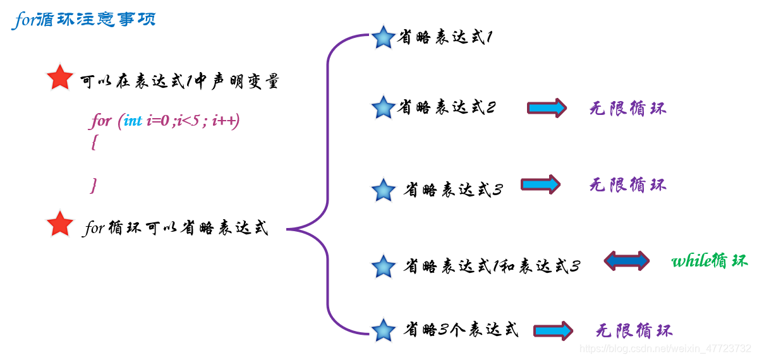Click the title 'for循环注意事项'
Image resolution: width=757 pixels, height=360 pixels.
[x=83, y=20]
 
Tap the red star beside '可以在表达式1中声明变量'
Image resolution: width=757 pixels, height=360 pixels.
[x=60, y=78]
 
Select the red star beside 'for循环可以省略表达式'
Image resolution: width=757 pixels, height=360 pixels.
[x=60, y=224]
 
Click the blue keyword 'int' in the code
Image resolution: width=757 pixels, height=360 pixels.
[x=133, y=121]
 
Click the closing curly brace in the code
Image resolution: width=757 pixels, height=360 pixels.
[x=94, y=185]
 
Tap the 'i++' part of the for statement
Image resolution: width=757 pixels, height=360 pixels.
[x=226, y=121]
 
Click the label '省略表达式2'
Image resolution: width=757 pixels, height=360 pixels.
[x=446, y=108]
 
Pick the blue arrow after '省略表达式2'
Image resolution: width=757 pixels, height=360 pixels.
[x=547, y=108]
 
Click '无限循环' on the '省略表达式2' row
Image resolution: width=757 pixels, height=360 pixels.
[x=627, y=108]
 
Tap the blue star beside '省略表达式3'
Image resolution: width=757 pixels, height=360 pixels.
[x=383, y=189]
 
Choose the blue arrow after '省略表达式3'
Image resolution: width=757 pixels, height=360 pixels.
[x=541, y=184]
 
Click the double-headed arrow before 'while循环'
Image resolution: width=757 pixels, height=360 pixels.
[x=626, y=261]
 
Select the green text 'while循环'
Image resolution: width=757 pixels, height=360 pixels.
[x=709, y=261]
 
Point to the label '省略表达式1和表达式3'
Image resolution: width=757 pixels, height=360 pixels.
[x=492, y=267]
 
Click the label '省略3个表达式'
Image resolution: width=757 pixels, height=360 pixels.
[x=461, y=330]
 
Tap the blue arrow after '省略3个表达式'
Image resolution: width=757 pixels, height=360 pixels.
[x=553, y=330]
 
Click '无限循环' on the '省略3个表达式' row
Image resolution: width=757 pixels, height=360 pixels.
[x=634, y=330]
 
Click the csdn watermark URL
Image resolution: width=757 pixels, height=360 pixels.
[x=665, y=349]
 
